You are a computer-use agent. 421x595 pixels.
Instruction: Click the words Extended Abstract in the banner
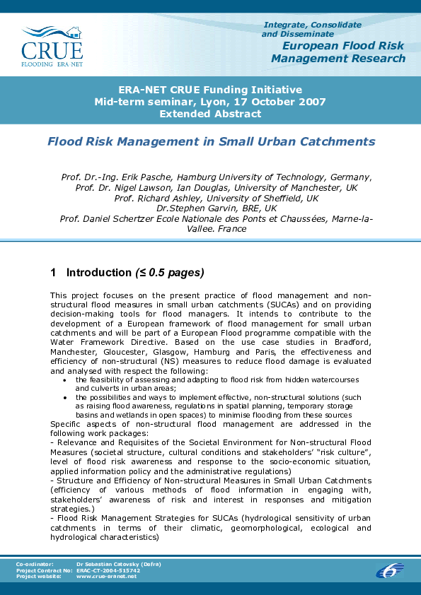(210, 113)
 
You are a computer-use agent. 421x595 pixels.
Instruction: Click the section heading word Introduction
(98, 273)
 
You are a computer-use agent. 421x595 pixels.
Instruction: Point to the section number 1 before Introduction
(54, 273)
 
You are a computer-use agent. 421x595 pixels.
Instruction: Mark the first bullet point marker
(65, 379)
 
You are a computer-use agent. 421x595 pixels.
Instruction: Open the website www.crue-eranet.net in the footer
(106, 576)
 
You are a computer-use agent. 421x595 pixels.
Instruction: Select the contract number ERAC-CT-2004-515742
(108, 570)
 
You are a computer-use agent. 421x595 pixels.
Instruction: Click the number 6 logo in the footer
(389, 570)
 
